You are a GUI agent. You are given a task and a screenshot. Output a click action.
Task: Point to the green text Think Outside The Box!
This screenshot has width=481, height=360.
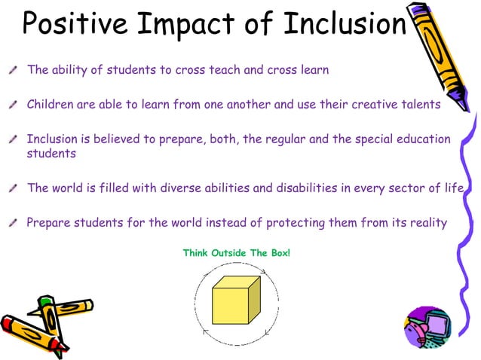pos(236,252)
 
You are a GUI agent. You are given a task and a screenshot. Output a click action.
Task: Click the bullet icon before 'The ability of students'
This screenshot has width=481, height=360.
pos(14,71)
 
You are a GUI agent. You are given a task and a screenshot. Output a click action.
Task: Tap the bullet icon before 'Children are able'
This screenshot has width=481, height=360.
pos(14,105)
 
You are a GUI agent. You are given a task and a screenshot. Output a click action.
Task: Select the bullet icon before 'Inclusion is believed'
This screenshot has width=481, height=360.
pos(14,140)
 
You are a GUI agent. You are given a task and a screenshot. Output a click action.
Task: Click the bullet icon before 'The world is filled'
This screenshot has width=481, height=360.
pos(14,189)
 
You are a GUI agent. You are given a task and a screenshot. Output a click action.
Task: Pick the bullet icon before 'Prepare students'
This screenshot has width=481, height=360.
pos(14,224)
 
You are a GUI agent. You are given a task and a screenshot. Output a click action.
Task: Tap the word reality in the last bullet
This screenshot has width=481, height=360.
pos(425,222)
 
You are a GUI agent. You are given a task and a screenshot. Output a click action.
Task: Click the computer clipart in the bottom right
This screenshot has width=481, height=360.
pos(427,328)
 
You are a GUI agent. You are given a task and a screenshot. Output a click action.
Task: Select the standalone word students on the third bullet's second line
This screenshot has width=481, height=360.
pos(51,154)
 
